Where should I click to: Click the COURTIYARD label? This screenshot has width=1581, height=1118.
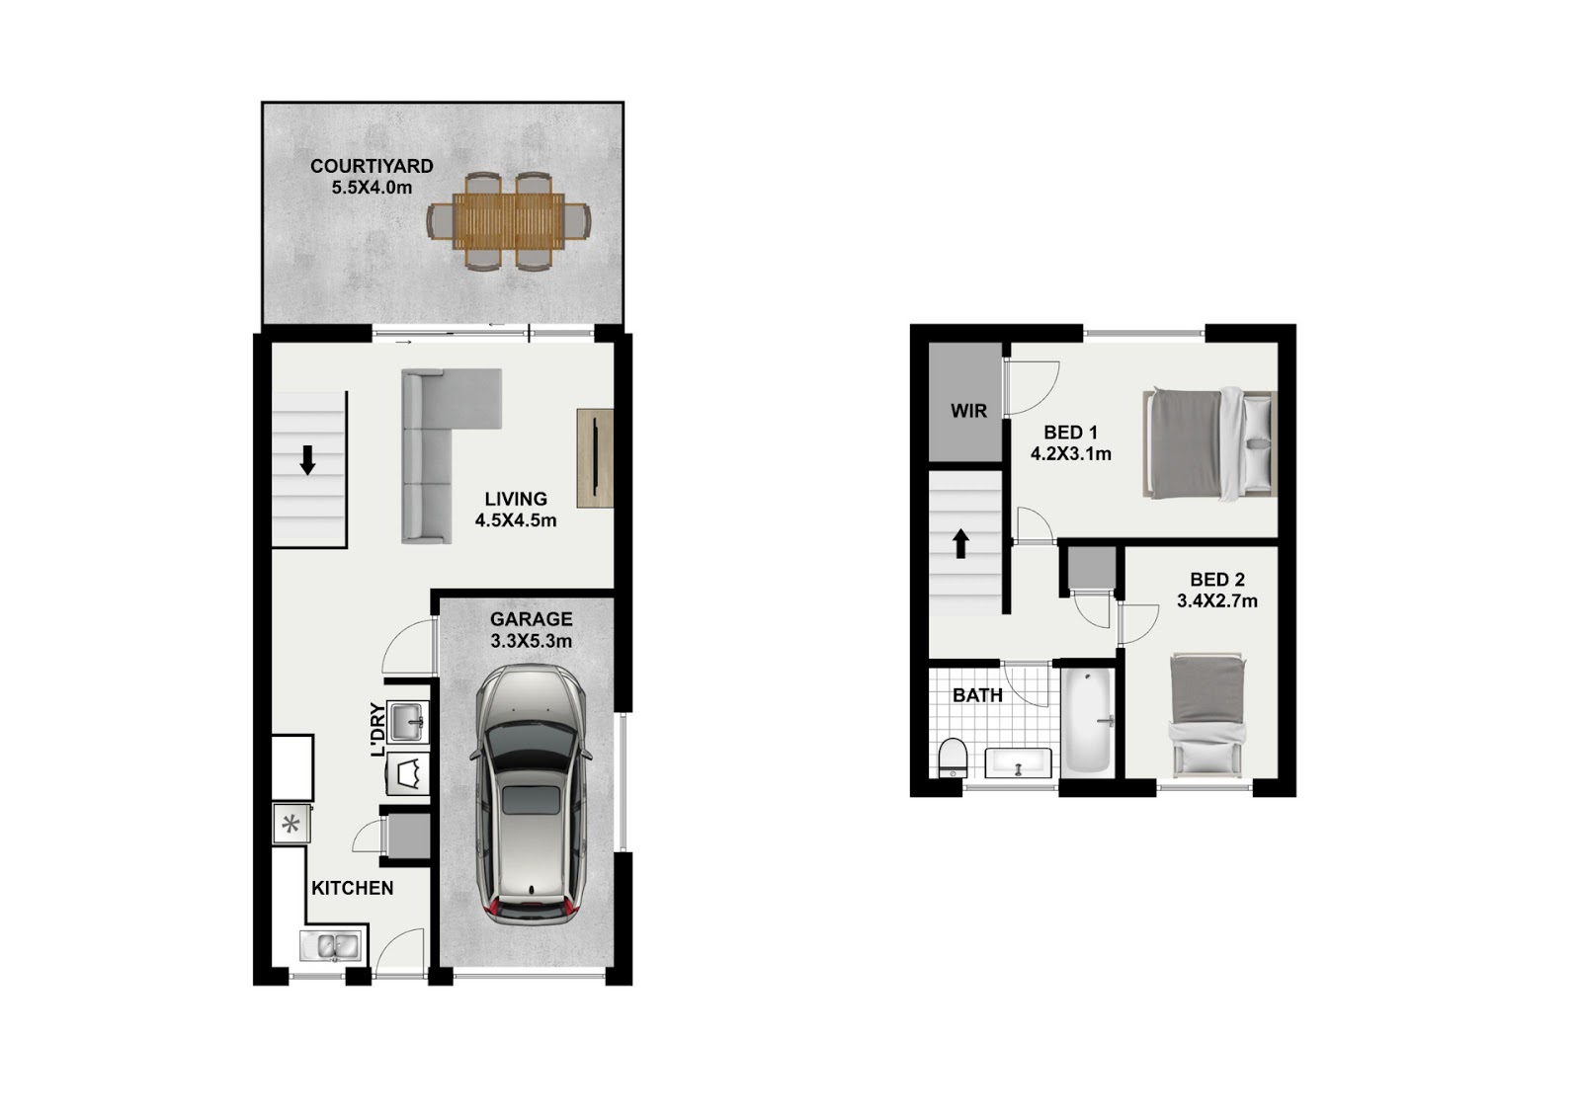tap(372, 167)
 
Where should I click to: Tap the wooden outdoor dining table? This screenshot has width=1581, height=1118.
tap(509, 221)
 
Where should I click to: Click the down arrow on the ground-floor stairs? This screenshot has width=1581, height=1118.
tap(307, 460)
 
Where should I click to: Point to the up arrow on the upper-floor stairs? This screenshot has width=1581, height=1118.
tap(960, 544)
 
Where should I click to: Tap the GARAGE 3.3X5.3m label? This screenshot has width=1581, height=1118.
tap(531, 630)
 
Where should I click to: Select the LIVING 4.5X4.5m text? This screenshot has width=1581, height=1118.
tap(515, 510)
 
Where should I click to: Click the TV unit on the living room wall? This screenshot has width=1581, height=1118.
tap(595, 458)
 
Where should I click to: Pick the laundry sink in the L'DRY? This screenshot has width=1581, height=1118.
tap(409, 721)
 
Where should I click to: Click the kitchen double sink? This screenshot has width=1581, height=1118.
tap(332, 946)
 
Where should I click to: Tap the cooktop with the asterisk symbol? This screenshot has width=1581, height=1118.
tap(291, 824)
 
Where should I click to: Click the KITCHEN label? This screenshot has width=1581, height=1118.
tap(352, 888)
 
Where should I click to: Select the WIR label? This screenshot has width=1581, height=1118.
tap(968, 411)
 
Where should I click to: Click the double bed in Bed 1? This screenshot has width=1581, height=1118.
tap(1209, 443)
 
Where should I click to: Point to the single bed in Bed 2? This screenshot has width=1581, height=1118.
tap(1207, 714)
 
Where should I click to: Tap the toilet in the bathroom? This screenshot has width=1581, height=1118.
tap(953, 758)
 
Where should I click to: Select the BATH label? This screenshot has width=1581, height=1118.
tap(977, 695)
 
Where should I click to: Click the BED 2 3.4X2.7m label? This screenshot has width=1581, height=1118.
tap(1216, 591)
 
